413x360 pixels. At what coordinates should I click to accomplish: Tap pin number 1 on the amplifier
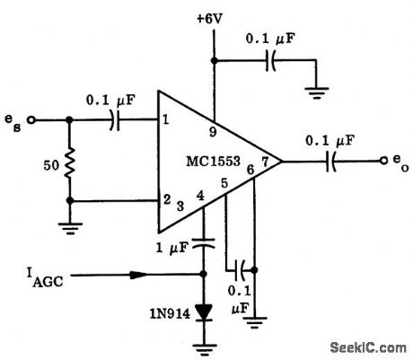tap(166, 119)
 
